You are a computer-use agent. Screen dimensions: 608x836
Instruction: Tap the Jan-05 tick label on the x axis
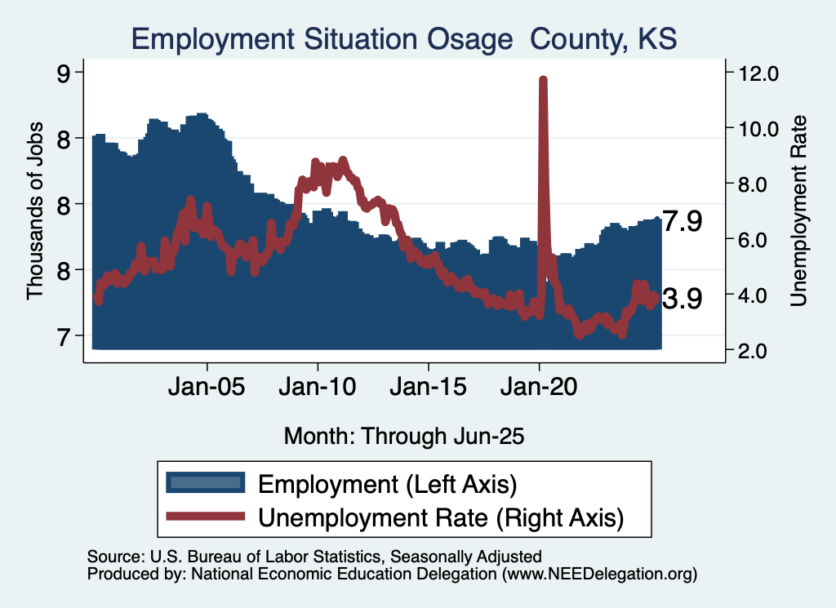(x=207, y=387)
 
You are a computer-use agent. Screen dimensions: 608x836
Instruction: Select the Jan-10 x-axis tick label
(x=318, y=387)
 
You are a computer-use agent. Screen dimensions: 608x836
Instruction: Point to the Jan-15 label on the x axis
(x=429, y=387)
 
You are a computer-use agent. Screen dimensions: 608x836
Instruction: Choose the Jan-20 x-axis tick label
(x=540, y=387)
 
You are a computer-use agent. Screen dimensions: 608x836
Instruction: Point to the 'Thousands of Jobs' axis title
(x=34, y=211)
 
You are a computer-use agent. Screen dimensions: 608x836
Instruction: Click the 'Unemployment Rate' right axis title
(x=798, y=211)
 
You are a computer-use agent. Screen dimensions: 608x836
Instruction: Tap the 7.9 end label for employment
(x=682, y=221)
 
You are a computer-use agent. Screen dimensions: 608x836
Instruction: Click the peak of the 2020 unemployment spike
(x=543, y=79)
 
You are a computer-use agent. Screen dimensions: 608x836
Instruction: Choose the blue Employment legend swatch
(x=205, y=482)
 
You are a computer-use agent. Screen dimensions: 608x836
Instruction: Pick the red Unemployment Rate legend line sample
(x=205, y=516)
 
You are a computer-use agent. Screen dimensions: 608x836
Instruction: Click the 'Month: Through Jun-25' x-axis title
(x=404, y=436)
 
